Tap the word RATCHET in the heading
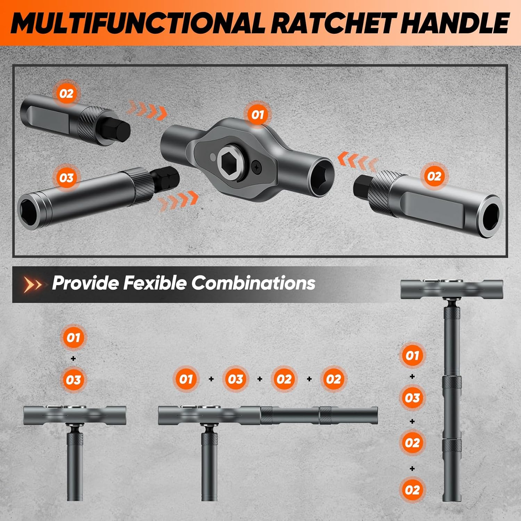click(333, 23)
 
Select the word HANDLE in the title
click(455, 23)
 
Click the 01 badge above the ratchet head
click(257, 115)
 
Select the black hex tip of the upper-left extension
click(121, 129)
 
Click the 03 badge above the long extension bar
click(66, 178)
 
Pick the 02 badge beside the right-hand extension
click(434, 176)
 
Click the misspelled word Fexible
click(155, 283)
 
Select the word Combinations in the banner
click(253, 283)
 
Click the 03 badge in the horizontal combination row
click(235, 379)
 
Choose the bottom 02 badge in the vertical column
click(412, 490)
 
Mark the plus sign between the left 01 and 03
click(73, 358)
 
